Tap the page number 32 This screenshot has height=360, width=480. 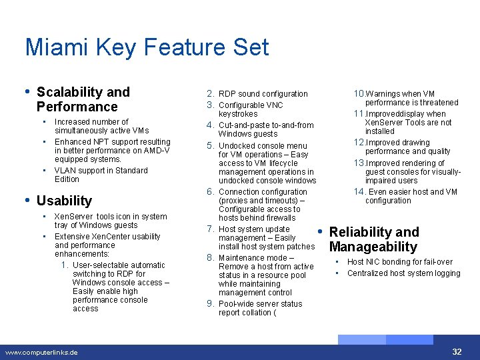[457, 351]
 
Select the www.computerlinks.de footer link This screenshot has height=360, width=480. [41, 352]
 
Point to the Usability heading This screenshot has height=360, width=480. [64, 201]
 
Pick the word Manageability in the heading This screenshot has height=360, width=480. [373, 247]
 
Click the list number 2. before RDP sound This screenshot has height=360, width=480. [210, 93]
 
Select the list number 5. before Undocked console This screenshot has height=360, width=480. [210, 145]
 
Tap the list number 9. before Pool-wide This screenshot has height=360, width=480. [210, 303]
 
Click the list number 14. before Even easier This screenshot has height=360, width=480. [360, 191]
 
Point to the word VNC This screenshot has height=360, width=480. [275, 105]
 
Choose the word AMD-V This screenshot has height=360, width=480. [157, 151]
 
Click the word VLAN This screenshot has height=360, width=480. [65, 171]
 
